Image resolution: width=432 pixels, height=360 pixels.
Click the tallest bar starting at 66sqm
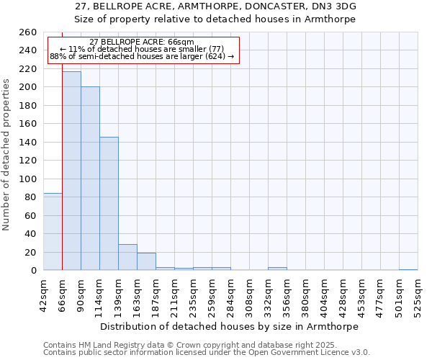[71, 171]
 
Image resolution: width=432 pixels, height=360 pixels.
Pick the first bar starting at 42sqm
[53, 231]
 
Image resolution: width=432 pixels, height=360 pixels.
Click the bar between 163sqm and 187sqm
[146, 261]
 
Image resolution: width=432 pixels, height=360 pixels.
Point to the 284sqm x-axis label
[230, 294]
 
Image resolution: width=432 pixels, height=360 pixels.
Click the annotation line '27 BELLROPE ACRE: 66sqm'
[142, 42]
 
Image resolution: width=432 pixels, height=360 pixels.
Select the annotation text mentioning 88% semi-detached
[142, 56]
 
